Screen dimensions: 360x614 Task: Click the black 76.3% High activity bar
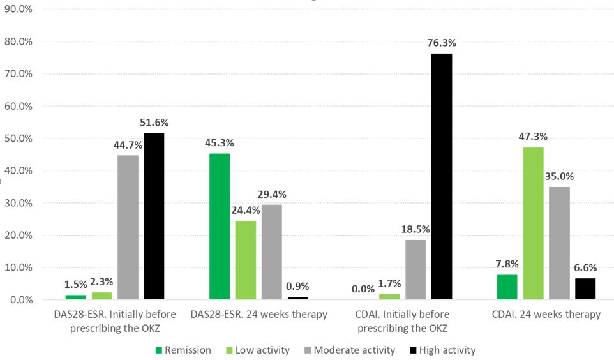(441, 176)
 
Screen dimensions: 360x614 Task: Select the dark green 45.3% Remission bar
(219, 226)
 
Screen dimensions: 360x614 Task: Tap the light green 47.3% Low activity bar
(533, 223)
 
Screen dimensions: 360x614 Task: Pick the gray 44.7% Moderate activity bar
(128, 227)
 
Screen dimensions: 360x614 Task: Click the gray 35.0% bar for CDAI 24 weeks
(559, 243)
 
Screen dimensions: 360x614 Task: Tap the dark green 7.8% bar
(507, 287)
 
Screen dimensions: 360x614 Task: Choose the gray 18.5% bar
(415, 269)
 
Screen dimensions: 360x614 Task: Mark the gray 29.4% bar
(271, 251)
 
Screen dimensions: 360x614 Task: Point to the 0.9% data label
(297, 287)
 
